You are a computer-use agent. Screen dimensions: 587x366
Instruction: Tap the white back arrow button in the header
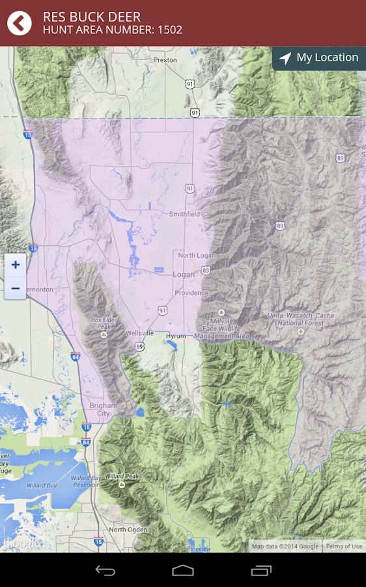coord(20,23)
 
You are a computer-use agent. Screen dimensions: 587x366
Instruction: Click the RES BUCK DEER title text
coord(91,17)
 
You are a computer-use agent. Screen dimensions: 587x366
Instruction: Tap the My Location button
coord(318,58)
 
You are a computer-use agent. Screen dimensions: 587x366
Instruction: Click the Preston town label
coord(165,60)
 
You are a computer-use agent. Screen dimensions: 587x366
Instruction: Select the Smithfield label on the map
coord(184,214)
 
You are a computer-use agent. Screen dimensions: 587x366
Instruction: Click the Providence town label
coord(191,293)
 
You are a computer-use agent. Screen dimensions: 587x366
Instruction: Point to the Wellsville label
coord(140,333)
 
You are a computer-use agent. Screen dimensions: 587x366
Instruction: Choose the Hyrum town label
coord(176,335)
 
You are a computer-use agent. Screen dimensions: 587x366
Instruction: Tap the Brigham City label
coord(104,409)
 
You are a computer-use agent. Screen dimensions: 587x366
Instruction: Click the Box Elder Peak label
coord(104,323)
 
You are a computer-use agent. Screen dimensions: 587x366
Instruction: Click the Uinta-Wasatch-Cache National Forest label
coord(300,319)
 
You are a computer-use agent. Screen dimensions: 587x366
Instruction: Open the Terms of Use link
coord(344,547)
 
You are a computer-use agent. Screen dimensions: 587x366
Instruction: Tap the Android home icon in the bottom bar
coord(183,571)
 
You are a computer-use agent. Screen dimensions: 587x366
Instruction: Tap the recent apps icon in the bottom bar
coord(261,571)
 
